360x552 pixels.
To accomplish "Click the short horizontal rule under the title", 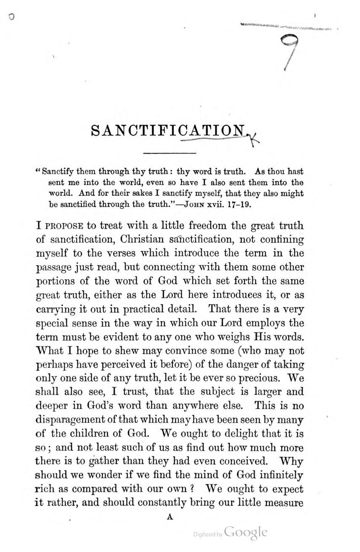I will point(170,153).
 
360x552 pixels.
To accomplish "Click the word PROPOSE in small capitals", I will point(65,226).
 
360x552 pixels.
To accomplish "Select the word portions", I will point(56,281).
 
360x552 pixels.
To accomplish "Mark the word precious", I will point(250,378).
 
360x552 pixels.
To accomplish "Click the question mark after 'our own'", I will point(191,489).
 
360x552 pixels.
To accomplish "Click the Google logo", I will point(246,533).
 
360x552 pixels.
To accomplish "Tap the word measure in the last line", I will point(281,503).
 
